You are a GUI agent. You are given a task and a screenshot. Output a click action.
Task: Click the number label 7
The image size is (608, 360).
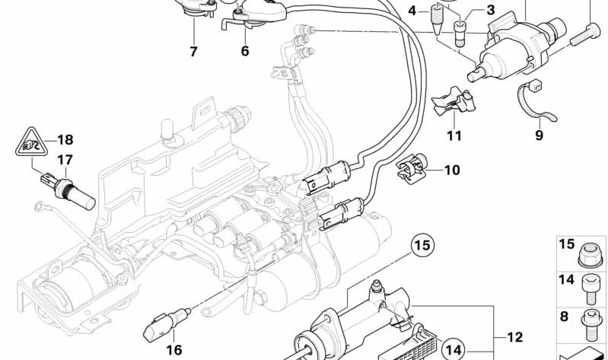pos(193,53)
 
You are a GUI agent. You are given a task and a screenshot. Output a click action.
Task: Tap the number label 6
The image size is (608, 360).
pos(244,52)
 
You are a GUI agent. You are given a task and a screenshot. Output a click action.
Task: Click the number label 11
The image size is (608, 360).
pos(454,136)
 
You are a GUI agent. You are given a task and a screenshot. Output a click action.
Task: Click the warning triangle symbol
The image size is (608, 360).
pos(29,143)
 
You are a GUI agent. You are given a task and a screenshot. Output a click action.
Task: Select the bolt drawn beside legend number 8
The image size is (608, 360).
pos(590,320)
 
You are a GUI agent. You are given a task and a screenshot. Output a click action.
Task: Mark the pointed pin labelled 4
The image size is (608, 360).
pos(438,18)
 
